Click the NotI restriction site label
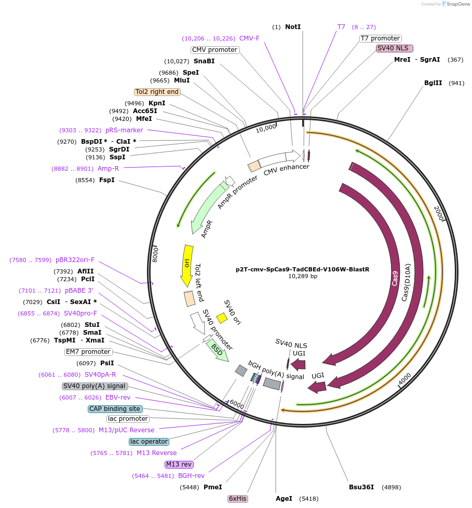(292, 27)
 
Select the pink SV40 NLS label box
(395, 48)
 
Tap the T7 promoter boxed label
(381, 38)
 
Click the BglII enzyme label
(433, 83)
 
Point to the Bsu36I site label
(361, 487)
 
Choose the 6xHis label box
(238, 499)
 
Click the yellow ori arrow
(186, 265)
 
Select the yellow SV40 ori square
(222, 318)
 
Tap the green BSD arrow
(217, 351)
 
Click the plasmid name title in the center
(302, 269)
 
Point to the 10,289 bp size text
(303, 277)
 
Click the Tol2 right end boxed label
(157, 92)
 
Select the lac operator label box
(149, 442)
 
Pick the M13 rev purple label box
(179, 464)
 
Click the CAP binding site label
(115, 409)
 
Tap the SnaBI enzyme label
(204, 61)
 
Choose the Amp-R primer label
(108, 169)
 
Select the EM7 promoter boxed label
(88, 352)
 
